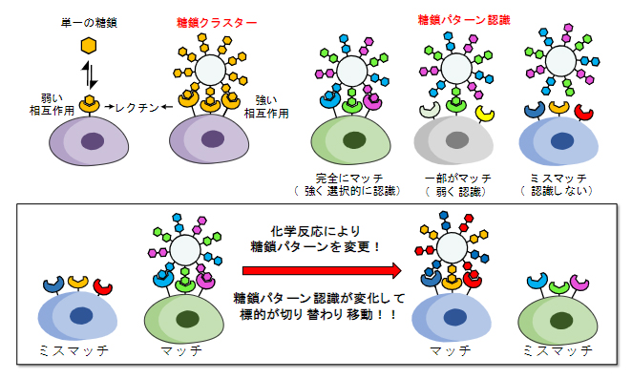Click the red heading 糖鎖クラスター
217,22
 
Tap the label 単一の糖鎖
88,21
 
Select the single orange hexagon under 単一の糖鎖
88,45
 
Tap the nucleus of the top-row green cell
354,141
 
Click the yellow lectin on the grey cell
486,113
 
